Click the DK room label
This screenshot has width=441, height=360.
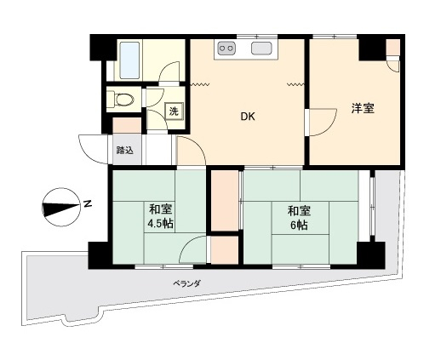pos(248,117)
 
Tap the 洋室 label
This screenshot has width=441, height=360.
pos(363,108)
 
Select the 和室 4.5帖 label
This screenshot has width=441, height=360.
pos(160,217)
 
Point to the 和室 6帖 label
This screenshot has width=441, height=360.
pos(299,218)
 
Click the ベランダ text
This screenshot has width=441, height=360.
pos(187,283)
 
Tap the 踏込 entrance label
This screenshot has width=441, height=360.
pos(124,150)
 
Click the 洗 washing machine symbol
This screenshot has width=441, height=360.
pos(174,111)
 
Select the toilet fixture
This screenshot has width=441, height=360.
pos(121,100)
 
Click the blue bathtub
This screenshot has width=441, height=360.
pos(129,60)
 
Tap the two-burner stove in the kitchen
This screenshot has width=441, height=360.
pos(226,48)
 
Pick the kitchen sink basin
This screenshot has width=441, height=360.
pos(261,48)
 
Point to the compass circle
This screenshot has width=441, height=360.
pos(60,207)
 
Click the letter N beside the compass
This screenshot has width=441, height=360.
pos(89,203)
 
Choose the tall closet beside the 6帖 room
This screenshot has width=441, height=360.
pos(225,201)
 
